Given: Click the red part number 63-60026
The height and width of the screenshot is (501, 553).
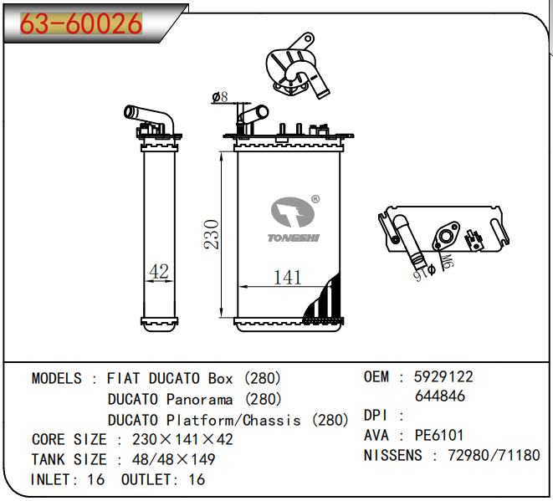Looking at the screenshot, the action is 81,23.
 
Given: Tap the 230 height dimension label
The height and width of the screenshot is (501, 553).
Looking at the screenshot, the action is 212,234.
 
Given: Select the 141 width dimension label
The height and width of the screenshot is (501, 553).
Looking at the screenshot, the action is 288,277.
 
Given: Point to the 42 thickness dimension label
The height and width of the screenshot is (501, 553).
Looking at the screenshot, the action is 159,271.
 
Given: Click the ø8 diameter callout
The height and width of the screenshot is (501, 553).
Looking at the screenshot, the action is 220,97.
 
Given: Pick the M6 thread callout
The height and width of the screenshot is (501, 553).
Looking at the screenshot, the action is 447,262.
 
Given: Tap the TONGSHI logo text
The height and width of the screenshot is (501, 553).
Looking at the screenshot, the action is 293,238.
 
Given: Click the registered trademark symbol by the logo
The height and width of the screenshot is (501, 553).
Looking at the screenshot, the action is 315,199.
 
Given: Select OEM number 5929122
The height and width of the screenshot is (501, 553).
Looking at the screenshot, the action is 443,377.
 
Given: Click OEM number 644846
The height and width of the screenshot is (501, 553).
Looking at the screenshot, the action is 440,396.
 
